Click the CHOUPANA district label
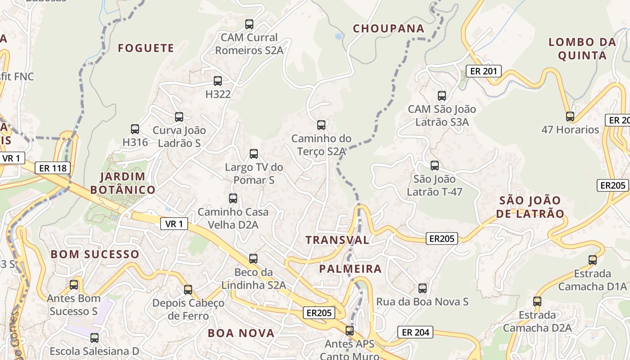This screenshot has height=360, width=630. tap(388, 29)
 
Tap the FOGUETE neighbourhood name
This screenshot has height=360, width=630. tap(146, 48)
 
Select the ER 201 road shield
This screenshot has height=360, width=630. tap(483, 71)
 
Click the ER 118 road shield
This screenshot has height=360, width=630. tap(53, 168)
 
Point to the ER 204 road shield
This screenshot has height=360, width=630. tap(415, 333)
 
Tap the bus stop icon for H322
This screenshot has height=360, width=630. tap(218, 81)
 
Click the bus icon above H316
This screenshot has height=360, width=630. tap(135, 129)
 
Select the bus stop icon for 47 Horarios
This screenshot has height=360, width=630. tap(570, 117)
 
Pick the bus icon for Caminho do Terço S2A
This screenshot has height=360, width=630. tap(321, 125)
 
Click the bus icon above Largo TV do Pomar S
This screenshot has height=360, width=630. tap(254, 154)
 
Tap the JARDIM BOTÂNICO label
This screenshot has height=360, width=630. tap(123, 183)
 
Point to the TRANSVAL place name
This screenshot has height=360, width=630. tap(337, 240)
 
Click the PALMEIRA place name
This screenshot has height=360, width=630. tap(350, 269)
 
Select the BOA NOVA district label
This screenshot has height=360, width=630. tap(241, 333)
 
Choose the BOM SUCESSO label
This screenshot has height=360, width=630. tap(95, 254)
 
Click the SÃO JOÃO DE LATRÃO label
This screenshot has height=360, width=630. tap(530, 207)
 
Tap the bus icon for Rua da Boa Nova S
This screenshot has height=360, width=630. tap(422, 288)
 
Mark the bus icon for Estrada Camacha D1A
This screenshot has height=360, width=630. tap(593, 260)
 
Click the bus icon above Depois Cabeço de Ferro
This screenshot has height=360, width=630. tap(188, 290)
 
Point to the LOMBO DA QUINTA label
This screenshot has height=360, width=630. tap(582, 49)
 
